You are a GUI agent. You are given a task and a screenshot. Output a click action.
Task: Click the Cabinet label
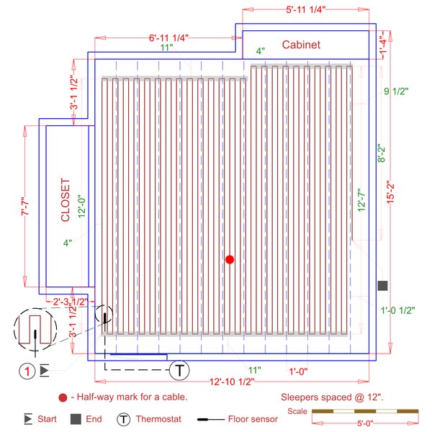301,45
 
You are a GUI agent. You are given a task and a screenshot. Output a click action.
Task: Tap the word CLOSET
65,199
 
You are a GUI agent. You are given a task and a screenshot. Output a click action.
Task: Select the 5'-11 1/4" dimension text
305,9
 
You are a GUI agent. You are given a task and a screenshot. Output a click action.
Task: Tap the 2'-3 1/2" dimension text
68,301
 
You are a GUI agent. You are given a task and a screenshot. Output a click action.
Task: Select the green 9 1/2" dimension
396,91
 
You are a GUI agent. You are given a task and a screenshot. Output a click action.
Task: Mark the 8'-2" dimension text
382,154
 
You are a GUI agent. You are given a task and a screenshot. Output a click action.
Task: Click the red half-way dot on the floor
230,259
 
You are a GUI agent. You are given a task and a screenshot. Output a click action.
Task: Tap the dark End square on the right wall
382,286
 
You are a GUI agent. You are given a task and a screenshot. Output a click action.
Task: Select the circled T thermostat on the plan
179,371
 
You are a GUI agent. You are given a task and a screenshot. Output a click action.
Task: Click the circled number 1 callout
27,372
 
